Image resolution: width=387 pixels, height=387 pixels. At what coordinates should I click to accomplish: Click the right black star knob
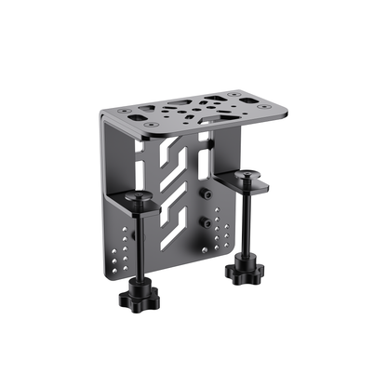[245, 271]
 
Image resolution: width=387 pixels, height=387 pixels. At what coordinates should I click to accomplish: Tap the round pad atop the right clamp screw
[247, 174]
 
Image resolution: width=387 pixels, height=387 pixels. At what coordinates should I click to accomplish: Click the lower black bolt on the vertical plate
[203, 223]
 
